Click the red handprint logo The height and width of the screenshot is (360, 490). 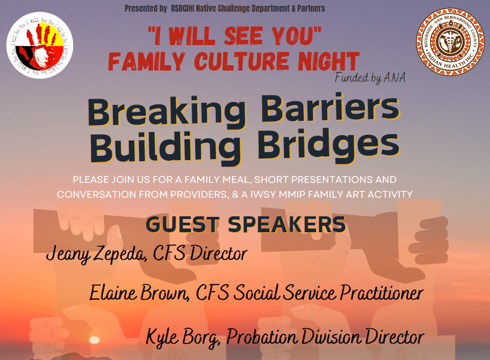click(x=40, y=45)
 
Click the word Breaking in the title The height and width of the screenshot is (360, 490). click(x=167, y=113)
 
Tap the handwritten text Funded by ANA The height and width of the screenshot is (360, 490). click(x=370, y=78)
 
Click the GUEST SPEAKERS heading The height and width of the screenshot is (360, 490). click(x=246, y=224)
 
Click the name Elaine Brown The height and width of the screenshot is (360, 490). click(x=139, y=293)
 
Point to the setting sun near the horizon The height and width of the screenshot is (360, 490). click(x=94, y=340)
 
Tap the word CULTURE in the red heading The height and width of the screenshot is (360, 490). click(x=242, y=61)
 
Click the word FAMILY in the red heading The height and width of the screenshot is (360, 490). click(x=147, y=62)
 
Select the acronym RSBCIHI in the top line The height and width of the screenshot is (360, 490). click(x=182, y=8)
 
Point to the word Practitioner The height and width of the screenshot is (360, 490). click(x=382, y=293)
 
